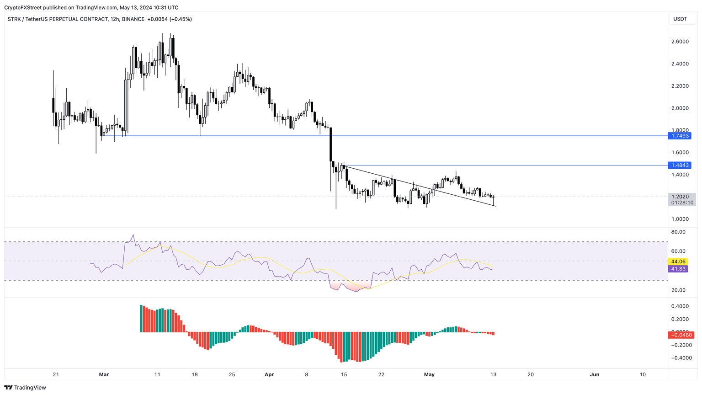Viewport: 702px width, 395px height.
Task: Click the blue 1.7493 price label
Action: click(680, 136)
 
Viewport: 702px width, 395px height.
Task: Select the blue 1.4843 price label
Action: click(680, 165)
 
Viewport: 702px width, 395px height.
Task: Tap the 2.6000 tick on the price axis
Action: click(680, 42)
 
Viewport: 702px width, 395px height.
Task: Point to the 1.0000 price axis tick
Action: click(680, 219)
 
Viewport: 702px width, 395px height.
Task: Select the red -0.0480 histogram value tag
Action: click(681, 335)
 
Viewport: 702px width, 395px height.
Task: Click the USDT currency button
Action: click(680, 19)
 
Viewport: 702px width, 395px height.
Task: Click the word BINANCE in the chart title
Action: click(133, 19)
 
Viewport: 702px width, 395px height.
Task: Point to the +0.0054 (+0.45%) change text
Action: click(170, 19)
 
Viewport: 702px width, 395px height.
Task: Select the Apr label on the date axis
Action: click(269, 374)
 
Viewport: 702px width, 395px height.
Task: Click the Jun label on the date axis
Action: click(595, 374)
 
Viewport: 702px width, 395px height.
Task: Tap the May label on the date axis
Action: click(429, 374)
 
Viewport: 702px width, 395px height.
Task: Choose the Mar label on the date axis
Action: click(104, 374)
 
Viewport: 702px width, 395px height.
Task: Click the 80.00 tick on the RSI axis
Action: click(679, 232)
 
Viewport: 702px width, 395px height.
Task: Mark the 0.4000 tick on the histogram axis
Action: click(680, 306)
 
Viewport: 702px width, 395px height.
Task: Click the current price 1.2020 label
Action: click(681, 197)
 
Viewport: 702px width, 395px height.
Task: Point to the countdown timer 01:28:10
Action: click(682, 203)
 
